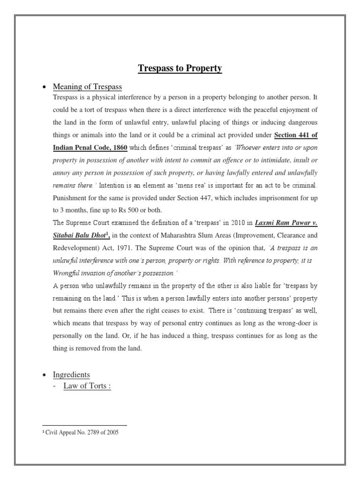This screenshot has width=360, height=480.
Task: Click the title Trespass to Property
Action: click(180, 69)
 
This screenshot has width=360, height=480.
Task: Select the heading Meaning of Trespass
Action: click(88, 87)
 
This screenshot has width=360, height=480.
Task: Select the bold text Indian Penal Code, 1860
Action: click(90, 148)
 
